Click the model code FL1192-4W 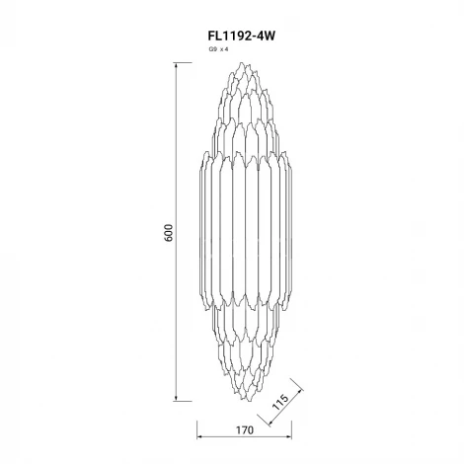click(241, 36)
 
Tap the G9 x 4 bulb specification click(218, 49)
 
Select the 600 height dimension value click(168, 233)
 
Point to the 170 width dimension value click(245, 430)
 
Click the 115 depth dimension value click(280, 402)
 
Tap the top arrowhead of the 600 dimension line click(177, 65)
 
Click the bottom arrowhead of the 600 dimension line click(177, 399)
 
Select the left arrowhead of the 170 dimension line click(199, 437)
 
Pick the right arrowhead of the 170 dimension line click(289, 437)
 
